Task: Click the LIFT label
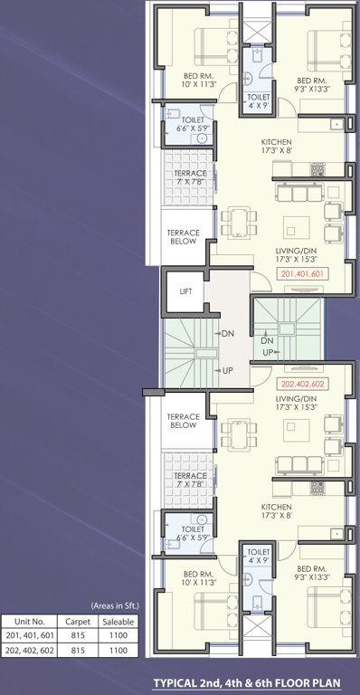[x=185, y=291]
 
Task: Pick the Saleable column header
[x=116, y=623]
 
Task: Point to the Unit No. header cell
[x=26, y=623]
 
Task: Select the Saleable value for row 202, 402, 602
[x=116, y=650]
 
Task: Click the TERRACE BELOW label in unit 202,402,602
[x=184, y=420]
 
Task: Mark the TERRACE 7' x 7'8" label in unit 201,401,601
[x=191, y=177]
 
